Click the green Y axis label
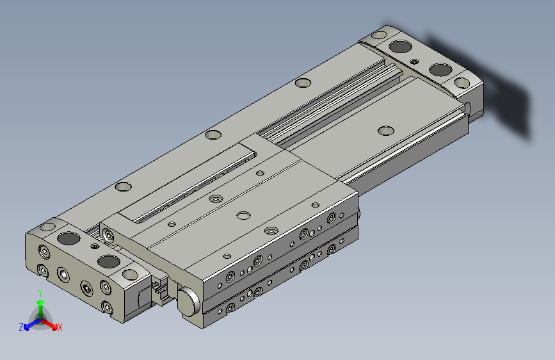[40, 293]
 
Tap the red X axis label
[60, 327]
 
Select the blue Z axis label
[21, 327]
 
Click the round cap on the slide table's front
[189, 301]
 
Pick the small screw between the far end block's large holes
[414, 61]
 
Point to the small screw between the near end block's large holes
[94, 246]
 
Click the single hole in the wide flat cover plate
[386, 131]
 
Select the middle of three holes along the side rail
[213, 135]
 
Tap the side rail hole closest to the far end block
[303, 83]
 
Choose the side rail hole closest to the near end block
[123, 186]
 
